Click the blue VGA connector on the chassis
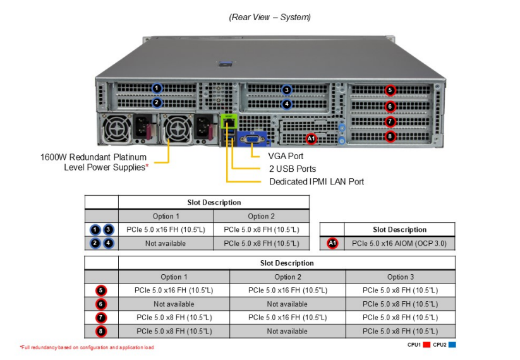(x=251, y=137)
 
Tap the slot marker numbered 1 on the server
(x=157, y=88)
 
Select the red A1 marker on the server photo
(x=311, y=138)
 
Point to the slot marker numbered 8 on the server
(x=390, y=136)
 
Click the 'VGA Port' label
(x=286, y=156)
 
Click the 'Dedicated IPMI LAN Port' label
(x=317, y=182)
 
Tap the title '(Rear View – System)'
(x=270, y=17)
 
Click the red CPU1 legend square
(x=426, y=344)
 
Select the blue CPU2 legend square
(x=452, y=344)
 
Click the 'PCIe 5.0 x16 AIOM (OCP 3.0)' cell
(x=399, y=243)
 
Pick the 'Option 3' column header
(x=400, y=277)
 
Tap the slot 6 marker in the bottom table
(x=102, y=304)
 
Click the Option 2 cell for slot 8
(x=287, y=331)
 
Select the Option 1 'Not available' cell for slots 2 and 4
(x=166, y=243)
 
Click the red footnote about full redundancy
(x=87, y=347)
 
